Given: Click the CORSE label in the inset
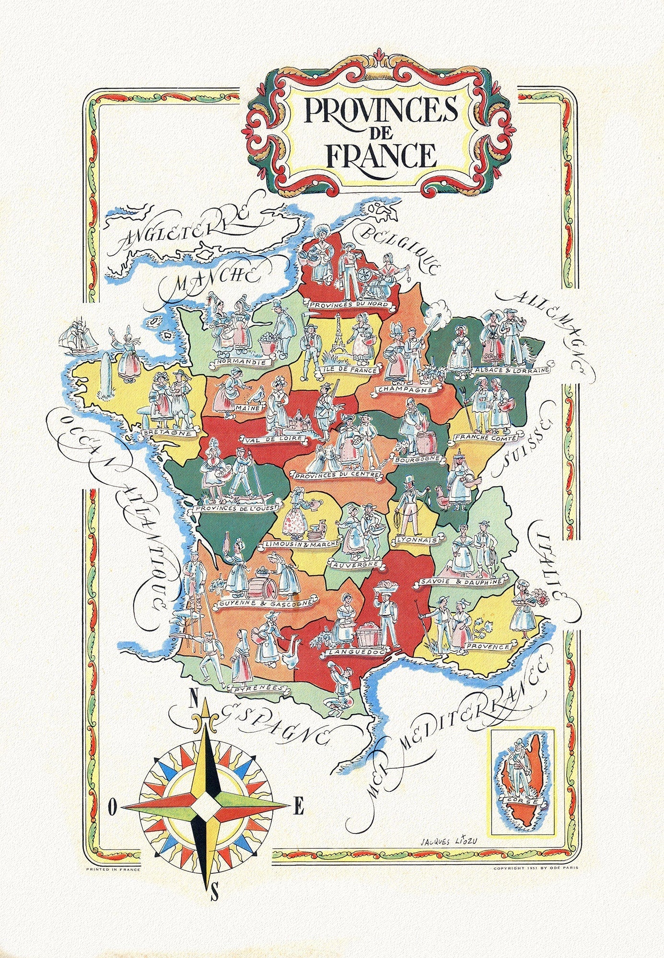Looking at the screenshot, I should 521,800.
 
